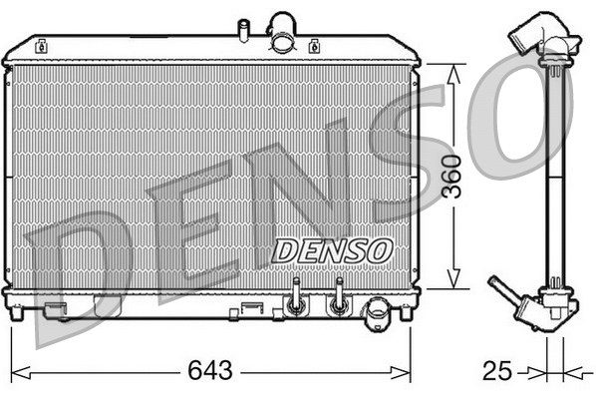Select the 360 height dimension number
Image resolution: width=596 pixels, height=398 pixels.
point(454,178)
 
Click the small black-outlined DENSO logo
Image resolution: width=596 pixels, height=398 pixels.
point(332,250)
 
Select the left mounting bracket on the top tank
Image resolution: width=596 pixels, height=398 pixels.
point(42,45)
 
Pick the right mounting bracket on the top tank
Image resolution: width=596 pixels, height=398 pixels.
point(314,45)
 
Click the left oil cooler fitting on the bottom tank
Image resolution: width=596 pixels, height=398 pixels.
point(294,298)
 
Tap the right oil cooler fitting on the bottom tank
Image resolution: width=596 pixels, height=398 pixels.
point(339,298)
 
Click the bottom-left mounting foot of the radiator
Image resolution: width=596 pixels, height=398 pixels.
point(15,312)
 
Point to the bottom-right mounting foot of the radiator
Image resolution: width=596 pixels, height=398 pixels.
point(406,312)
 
